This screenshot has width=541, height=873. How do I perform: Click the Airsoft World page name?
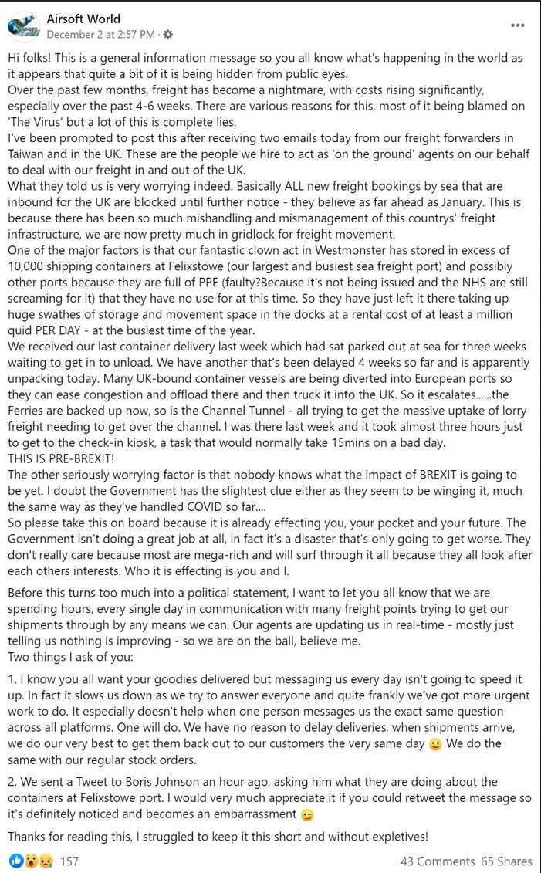pos(83,19)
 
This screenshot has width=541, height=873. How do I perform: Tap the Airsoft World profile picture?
pos(24,26)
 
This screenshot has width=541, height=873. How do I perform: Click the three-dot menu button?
pos(518,25)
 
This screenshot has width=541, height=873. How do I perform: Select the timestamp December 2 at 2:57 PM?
pos(100,35)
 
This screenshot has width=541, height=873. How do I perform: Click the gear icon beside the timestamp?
pos(169,35)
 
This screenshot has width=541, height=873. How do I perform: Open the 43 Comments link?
pos(437,861)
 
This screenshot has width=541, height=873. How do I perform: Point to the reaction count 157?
pos(69,861)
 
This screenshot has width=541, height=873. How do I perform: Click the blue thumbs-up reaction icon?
pos(16,861)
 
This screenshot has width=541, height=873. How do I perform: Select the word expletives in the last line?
pos(392,836)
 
